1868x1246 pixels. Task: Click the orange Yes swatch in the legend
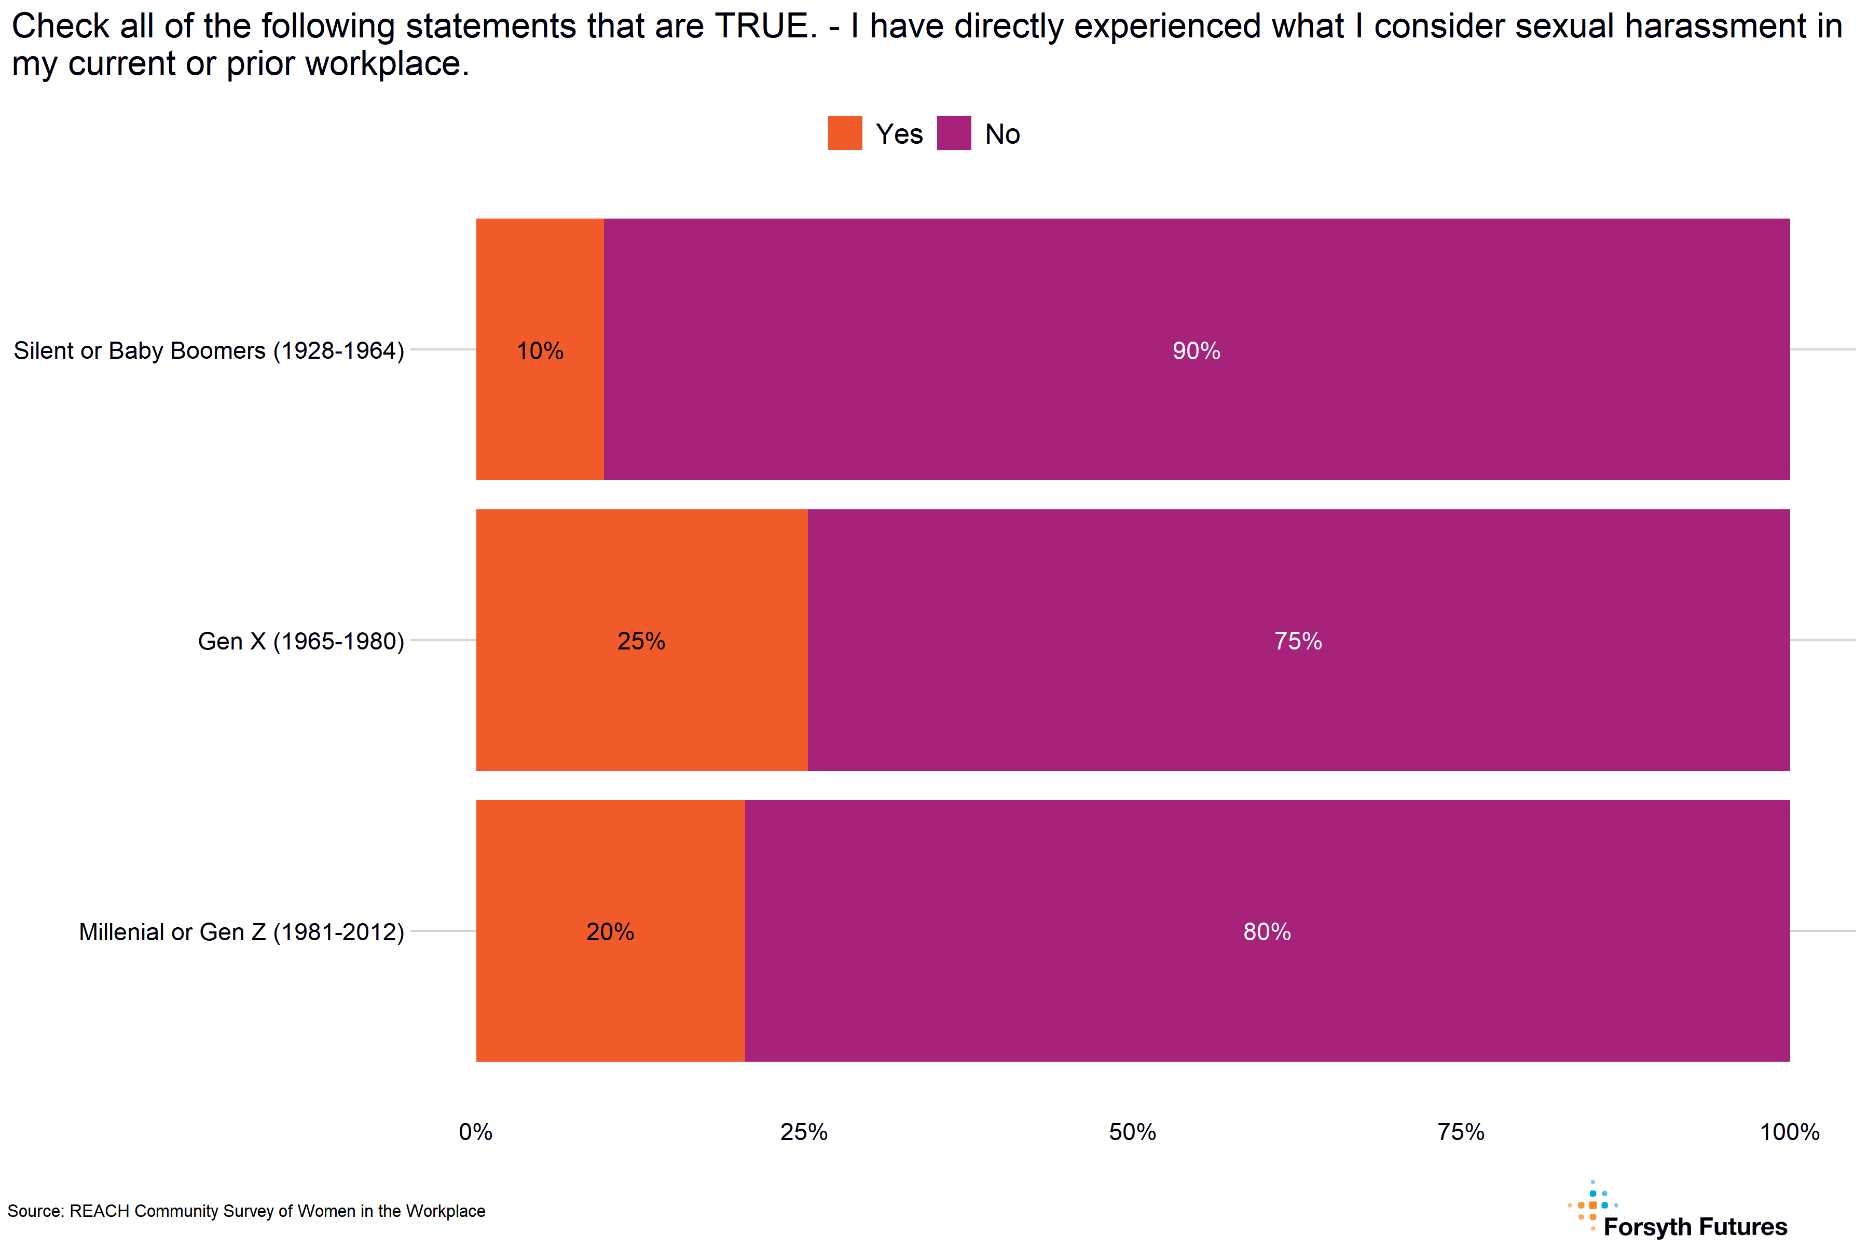pos(844,133)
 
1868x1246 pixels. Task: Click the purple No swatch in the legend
pos(954,133)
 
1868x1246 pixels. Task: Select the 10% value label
pos(540,350)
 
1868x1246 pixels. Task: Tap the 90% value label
pos(1196,350)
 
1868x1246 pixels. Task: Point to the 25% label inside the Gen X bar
pos(641,641)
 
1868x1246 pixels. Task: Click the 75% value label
pos(1298,641)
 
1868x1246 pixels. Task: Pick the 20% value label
pos(610,931)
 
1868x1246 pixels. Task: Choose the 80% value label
pos(1267,931)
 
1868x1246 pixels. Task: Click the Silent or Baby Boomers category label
pos(209,350)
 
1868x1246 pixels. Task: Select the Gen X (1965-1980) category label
pos(301,641)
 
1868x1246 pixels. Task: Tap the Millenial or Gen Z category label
pos(241,931)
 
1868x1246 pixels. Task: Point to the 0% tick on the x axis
pos(476,1132)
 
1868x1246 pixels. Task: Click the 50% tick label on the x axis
pos(1133,1132)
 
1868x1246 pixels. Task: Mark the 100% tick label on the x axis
pos(1789,1132)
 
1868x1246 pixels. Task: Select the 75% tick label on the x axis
pos(1461,1132)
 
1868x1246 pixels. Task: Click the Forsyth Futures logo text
pos(1695,1227)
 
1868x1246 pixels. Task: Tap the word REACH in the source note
pos(99,1211)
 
